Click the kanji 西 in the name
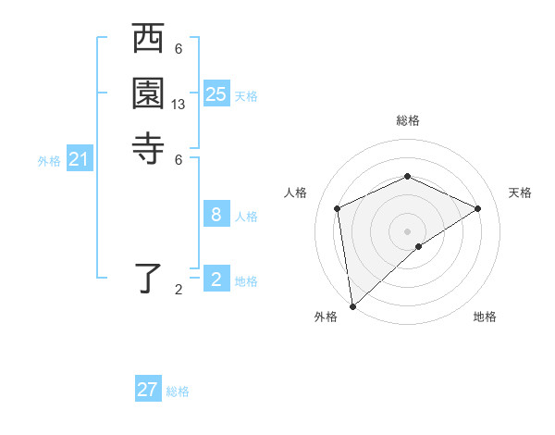[149, 40]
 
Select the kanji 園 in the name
[149, 93]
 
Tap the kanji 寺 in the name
[149, 147]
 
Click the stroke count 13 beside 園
[179, 105]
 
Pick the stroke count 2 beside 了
[179, 290]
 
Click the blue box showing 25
[216, 94]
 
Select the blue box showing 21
[80, 159]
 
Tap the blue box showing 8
[216, 215]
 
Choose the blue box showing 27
[148, 390]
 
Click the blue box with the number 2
[216, 280]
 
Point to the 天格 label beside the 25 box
[246, 96]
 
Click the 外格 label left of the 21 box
[49, 161]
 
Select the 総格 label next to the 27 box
[178, 391]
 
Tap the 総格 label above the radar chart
[408, 120]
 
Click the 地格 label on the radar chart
[485, 317]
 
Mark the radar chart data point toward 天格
[478, 208]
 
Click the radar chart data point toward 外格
[352, 306]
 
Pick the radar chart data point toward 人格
[338, 208]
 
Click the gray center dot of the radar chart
[408, 230]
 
